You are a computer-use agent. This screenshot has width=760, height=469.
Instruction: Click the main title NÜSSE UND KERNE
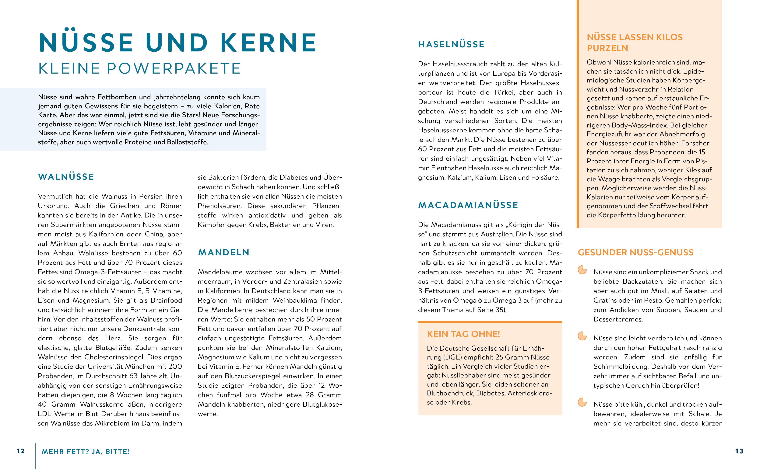178,43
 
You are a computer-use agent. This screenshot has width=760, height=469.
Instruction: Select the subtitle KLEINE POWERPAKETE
140,68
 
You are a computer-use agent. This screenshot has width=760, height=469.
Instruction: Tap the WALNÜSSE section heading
66,177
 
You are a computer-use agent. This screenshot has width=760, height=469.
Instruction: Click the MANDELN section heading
224,252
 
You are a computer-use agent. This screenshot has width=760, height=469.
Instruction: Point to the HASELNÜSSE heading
451,44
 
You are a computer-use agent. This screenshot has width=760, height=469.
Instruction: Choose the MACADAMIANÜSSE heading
468,205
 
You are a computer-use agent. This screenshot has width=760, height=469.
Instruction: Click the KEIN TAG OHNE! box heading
463,334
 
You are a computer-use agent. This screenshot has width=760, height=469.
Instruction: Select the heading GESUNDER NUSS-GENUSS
635,252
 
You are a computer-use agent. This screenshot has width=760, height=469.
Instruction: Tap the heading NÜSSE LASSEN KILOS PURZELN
634,43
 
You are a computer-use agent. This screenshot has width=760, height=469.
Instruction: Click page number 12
20,451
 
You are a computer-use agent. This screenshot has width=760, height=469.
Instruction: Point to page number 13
739,451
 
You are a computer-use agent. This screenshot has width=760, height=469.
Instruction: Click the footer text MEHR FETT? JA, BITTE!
85,452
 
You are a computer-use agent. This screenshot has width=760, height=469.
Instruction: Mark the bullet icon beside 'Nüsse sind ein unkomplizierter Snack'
582,270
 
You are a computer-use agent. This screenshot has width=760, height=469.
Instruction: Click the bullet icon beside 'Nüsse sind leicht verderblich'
582,336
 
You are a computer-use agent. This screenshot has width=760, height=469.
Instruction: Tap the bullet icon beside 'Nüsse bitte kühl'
582,402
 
